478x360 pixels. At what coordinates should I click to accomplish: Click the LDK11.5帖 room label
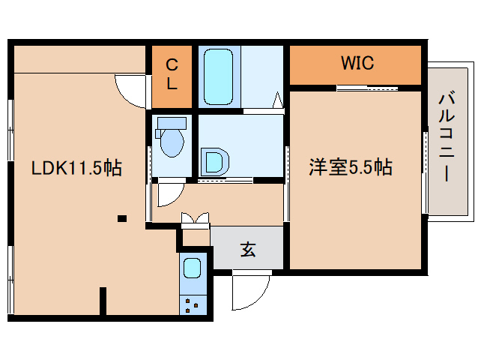(76, 169)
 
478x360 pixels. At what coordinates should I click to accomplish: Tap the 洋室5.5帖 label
(351, 167)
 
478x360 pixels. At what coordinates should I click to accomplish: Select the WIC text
(357, 63)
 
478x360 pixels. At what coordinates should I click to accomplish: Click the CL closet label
(172, 74)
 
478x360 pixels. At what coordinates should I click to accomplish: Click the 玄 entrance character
(247, 250)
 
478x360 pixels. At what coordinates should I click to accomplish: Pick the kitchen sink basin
(193, 267)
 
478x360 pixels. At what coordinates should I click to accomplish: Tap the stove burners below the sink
(193, 304)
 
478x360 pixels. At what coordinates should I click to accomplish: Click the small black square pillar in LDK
(121, 219)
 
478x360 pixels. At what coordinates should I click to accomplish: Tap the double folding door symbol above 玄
(196, 219)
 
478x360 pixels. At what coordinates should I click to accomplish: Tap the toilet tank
(172, 123)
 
